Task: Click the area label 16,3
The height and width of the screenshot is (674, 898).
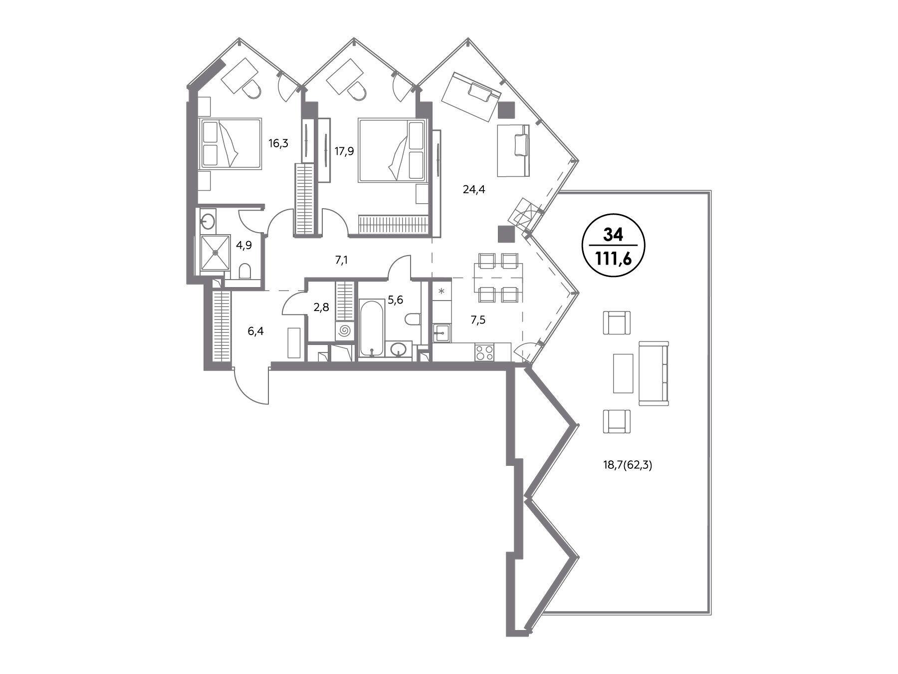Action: pos(278,144)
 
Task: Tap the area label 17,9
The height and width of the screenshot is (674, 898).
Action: pos(344,151)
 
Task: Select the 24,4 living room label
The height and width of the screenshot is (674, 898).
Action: pos(474,189)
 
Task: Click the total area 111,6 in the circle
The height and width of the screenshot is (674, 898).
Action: pos(613,259)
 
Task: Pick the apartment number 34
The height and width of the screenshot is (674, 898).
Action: pos(613,234)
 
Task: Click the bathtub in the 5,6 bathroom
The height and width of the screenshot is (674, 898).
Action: pos(371,328)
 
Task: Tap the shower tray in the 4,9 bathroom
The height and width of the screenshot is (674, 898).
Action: pos(215,253)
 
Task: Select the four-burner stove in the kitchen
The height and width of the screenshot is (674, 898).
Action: pos(484,352)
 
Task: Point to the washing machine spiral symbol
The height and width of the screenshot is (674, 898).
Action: pos(344,331)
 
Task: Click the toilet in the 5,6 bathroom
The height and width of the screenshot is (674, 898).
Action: pos(413,319)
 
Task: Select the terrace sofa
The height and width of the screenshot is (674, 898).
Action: pos(654,373)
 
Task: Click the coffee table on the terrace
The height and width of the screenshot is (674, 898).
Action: pos(623,373)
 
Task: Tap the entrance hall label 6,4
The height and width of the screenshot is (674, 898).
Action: pos(256,331)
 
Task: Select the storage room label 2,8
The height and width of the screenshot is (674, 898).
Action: pos(321,307)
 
